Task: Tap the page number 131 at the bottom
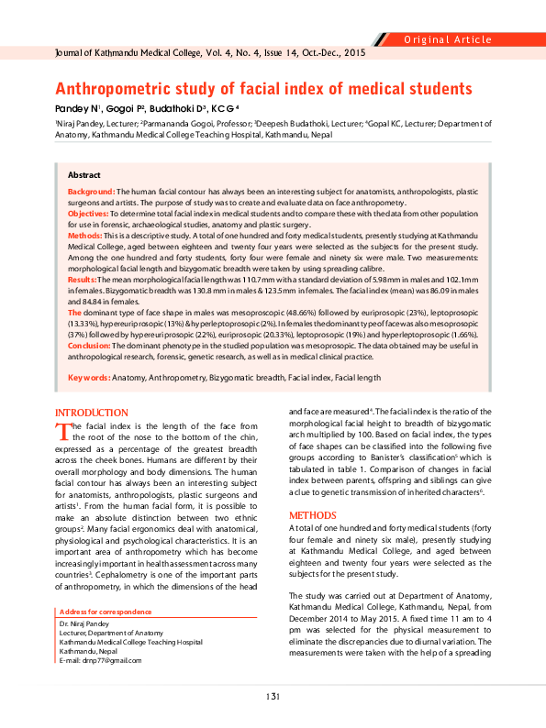273,698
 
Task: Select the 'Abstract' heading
85,174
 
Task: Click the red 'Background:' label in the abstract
91,191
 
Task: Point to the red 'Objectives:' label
88,213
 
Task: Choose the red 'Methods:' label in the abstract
84,235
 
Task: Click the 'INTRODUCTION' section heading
92,413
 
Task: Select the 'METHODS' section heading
313,515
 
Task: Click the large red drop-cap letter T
62,432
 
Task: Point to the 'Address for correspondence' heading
105,612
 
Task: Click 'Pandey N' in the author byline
77,109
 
